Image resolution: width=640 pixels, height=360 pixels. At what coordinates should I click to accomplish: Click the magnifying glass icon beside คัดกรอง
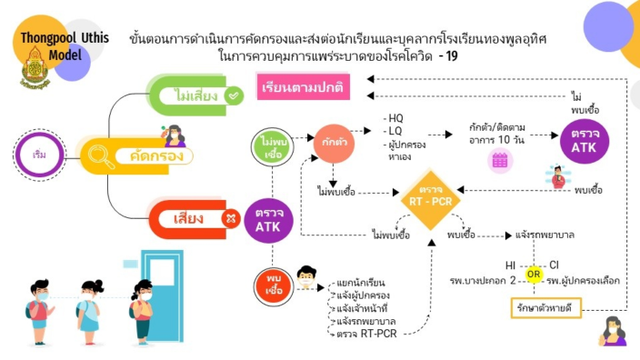coord(102,156)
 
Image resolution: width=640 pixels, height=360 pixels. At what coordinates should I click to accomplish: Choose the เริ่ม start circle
coord(39,155)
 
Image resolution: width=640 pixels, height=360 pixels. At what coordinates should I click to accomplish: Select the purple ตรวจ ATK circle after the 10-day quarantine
coord(585,142)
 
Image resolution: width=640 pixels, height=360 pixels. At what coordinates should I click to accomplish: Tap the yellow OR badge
coord(535,275)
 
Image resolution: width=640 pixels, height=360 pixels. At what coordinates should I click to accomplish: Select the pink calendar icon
coord(499,161)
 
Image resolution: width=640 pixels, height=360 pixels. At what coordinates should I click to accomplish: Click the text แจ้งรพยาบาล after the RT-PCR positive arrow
coord(545,235)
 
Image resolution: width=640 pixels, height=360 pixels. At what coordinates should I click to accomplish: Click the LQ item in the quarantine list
coord(395,132)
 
